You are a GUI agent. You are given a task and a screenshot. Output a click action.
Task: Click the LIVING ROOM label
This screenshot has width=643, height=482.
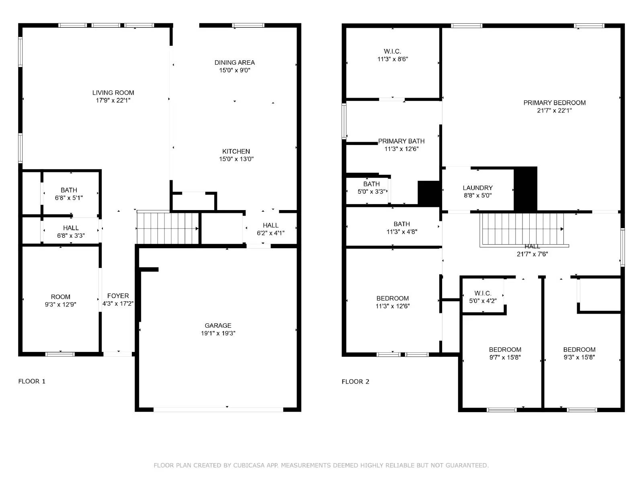click(x=113, y=93)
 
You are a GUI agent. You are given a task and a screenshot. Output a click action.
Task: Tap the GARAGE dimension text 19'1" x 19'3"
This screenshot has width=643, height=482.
click(x=218, y=333)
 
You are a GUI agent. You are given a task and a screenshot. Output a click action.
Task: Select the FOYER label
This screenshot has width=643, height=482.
click(x=118, y=296)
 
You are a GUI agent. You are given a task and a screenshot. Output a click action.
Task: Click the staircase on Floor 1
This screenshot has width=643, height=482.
click(x=168, y=228)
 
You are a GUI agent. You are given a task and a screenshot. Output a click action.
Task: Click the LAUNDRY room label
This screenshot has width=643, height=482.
click(x=477, y=188)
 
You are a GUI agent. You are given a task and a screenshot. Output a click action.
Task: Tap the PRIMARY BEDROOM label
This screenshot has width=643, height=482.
click(x=554, y=103)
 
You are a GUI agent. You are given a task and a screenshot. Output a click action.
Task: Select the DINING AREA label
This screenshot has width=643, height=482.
click(x=234, y=63)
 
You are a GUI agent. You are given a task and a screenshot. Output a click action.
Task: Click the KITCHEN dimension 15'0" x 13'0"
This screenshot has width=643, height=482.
click(x=236, y=159)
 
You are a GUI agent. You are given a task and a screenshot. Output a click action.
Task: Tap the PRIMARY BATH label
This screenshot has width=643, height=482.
click(x=401, y=141)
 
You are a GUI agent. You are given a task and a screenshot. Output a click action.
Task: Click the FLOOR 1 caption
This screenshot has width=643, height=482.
click(x=32, y=381)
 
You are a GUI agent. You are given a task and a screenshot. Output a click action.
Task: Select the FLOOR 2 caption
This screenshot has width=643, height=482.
click(x=355, y=382)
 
